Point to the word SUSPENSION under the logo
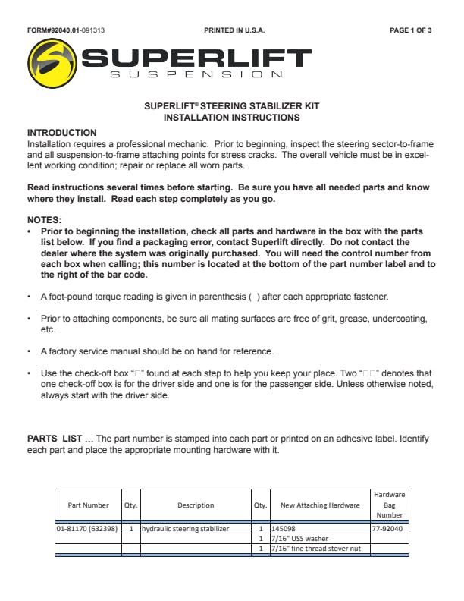(196, 74)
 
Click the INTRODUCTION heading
(62, 133)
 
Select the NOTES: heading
(45, 219)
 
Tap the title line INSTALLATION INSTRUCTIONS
(231, 118)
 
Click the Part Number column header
(88, 505)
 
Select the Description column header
(196, 505)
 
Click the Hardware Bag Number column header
(389, 505)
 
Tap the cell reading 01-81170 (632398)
(86, 528)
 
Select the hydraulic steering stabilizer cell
(185, 528)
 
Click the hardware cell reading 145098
(284, 528)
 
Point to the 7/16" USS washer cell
(298, 538)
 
